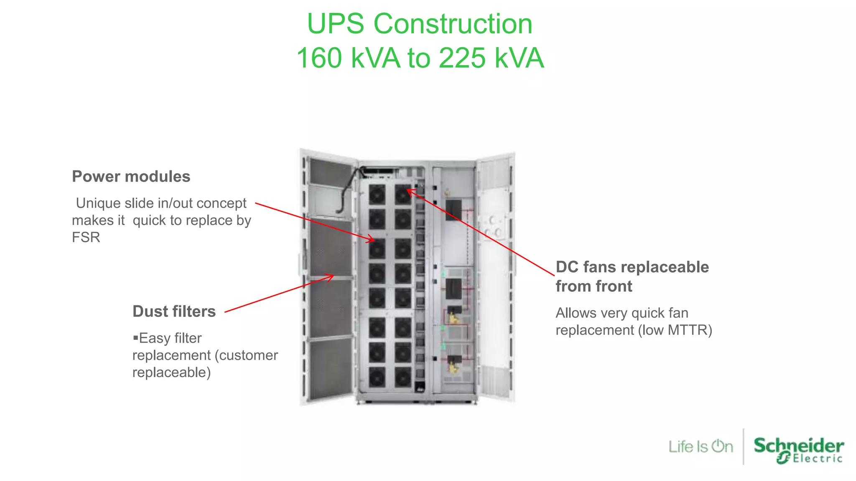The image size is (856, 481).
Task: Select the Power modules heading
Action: (x=131, y=177)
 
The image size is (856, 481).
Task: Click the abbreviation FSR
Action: (x=86, y=237)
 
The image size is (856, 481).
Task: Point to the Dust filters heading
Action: (x=174, y=311)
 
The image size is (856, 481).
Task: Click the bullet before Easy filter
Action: (x=135, y=337)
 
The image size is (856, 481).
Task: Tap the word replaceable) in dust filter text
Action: (x=171, y=372)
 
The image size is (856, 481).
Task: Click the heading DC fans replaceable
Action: (x=632, y=267)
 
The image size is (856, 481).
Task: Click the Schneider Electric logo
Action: (x=798, y=450)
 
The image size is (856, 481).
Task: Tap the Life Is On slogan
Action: (x=701, y=446)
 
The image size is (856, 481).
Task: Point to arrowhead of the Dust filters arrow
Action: (x=331, y=276)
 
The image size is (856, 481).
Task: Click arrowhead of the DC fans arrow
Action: (x=409, y=191)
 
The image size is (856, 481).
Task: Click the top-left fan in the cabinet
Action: (x=377, y=195)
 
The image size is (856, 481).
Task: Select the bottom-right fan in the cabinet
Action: (x=403, y=377)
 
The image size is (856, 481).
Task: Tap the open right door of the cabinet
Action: (x=495, y=276)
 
